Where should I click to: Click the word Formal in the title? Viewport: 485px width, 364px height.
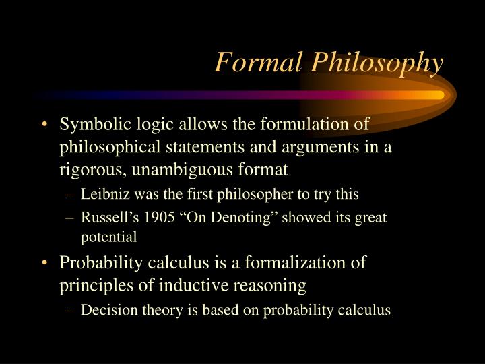(258, 62)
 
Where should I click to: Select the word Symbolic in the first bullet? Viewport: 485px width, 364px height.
(95, 125)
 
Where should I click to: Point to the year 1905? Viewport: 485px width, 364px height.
(160, 217)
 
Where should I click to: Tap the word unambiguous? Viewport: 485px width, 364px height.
(182, 170)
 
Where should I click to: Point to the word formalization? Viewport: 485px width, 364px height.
(295, 262)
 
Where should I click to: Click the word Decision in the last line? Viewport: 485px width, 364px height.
(109, 310)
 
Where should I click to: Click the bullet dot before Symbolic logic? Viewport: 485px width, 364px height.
(45, 124)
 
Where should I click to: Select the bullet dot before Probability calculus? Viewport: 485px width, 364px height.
(45, 262)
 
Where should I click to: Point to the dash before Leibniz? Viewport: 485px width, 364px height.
(70, 195)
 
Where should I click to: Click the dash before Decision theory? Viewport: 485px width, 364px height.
(70, 311)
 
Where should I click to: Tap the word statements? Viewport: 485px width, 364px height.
(205, 147)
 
